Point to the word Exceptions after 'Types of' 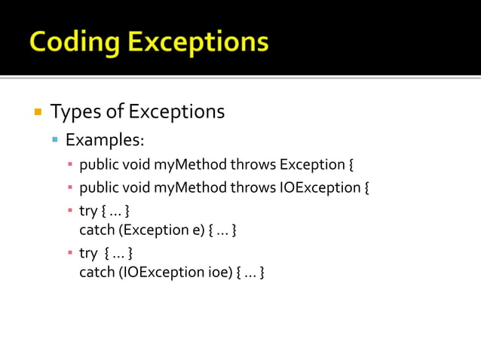[x=176, y=112]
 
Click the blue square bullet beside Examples [x=55, y=140]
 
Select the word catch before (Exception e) [x=96, y=230]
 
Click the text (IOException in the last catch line [x=155, y=272]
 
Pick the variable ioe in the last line [x=219, y=272]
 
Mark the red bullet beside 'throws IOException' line [x=69, y=187]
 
